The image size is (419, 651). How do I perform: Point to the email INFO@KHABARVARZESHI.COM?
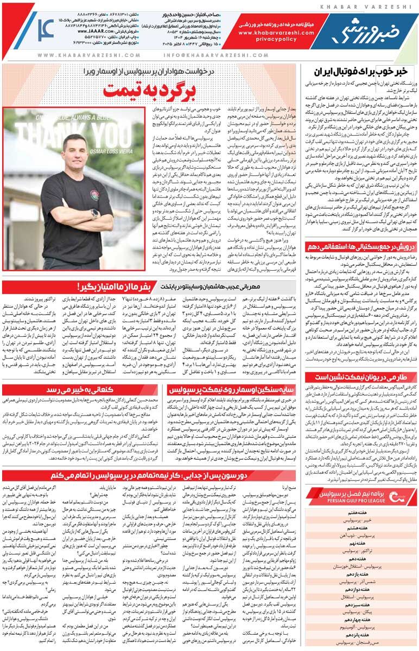(218, 55)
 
